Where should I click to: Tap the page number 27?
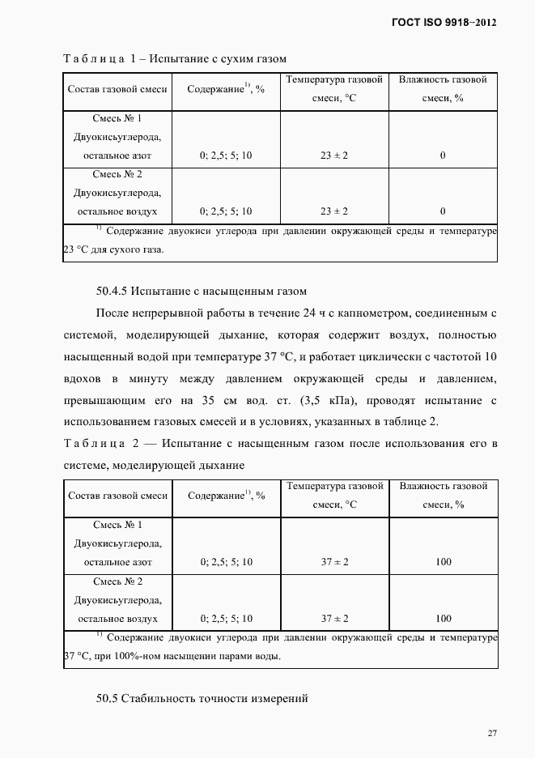[x=492, y=733]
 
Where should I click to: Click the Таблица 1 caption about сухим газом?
[x=174, y=58]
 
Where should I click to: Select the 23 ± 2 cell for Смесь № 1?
[x=334, y=155]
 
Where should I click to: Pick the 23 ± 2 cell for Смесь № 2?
[x=334, y=211]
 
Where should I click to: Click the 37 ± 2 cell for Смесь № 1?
[x=334, y=562]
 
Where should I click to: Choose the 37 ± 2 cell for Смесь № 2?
[x=334, y=619]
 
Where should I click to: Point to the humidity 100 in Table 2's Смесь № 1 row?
[x=443, y=562]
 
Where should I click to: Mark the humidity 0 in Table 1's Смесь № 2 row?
[x=443, y=211]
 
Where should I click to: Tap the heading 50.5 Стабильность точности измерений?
[x=202, y=698]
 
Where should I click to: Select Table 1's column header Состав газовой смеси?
[x=117, y=89]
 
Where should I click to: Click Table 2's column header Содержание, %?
[x=226, y=496]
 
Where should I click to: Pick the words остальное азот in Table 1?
[x=117, y=155]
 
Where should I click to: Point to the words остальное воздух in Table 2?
[x=117, y=619]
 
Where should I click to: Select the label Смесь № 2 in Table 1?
[x=117, y=174]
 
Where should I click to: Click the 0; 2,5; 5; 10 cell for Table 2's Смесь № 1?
[x=226, y=562]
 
